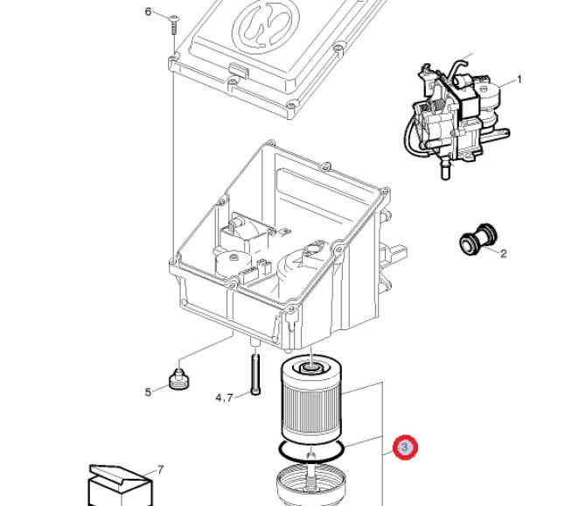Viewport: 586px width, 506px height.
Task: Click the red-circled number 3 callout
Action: point(405,448)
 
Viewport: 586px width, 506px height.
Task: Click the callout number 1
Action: point(519,80)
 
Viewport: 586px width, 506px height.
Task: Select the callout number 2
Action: point(503,254)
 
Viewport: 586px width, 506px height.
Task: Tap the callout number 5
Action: point(149,392)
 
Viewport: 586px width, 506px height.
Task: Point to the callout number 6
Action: point(148,11)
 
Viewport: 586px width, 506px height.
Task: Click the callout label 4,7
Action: point(224,398)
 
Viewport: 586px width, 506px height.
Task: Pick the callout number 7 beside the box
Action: point(160,470)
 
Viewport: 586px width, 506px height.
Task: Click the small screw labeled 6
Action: point(174,21)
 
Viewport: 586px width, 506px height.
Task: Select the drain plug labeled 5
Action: point(180,380)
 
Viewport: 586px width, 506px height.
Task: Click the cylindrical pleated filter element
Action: point(311,403)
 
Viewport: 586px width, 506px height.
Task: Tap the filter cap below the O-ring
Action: point(311,486)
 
